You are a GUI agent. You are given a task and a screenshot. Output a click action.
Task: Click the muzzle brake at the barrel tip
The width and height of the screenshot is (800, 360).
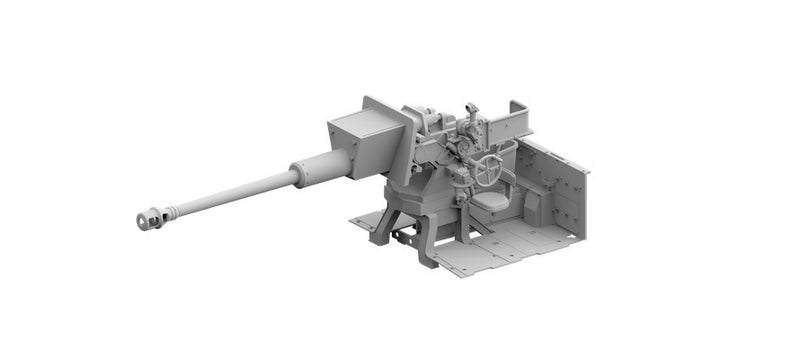[152, 217]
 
